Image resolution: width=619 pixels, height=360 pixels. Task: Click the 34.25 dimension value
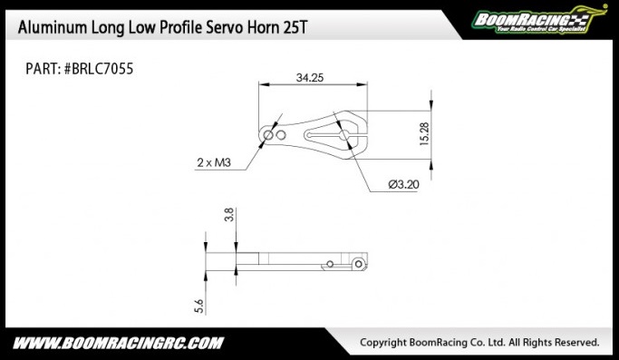pyautogui.click(x=310, y=77)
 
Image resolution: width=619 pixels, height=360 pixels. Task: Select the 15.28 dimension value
pyautogui.click(x=424, y=134)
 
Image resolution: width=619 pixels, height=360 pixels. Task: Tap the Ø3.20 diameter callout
pyautogui.click(x=403, y=185)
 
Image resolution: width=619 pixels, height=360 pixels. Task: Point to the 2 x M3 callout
pyautogui.click(x=214, y=162)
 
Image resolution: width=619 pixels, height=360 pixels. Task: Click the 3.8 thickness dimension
pyautogui.click(x=229, y=214)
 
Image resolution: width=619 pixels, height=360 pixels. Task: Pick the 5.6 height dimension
pyautogui.click(x=199, y=306)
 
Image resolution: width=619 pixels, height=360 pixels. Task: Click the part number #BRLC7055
pyautogui.click(x=99, y=69)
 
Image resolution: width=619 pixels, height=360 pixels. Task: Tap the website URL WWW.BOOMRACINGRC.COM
pyautogui.click(x=118, y=343)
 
